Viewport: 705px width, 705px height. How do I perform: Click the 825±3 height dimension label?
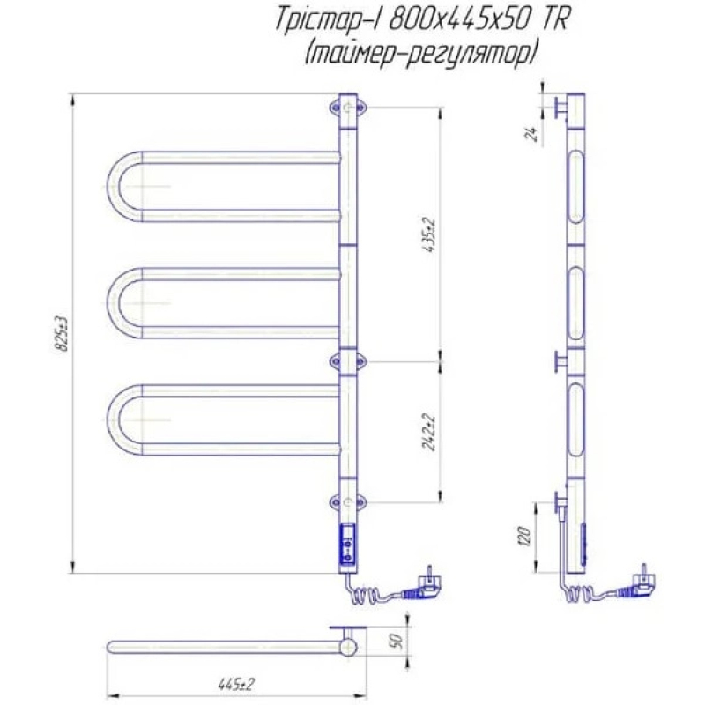pyautogui.click(x=63, y=334)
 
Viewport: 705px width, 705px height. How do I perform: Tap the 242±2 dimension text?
pyautogui.click(x=430, y=432)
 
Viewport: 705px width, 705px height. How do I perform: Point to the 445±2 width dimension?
pyautogui.click(x=236, y=685)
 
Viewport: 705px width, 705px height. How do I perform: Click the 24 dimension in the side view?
pyautogui.click(x=532, y=134)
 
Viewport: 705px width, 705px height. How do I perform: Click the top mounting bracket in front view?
pyautogui.click(x=348, y=108)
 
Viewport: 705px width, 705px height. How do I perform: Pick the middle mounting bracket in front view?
pyautogui.click(x=348, y=361)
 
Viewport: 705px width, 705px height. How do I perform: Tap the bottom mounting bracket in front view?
pyautogui.click(x=348, y=501)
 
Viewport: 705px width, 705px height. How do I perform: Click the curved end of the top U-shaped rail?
pyautogui.click(x=114, y=187)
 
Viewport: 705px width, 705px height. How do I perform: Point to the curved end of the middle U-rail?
pyautogui.click(x=114, y=303)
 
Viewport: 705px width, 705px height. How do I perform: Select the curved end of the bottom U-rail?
pyautogui.click(x=114, y=420)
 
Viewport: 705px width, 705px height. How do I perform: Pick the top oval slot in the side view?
pyautogui.click(x=576, y=187)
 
